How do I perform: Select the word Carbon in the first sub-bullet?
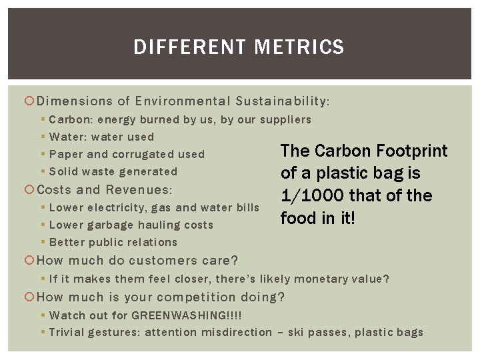pyautogui.click(x=71, y=120)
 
